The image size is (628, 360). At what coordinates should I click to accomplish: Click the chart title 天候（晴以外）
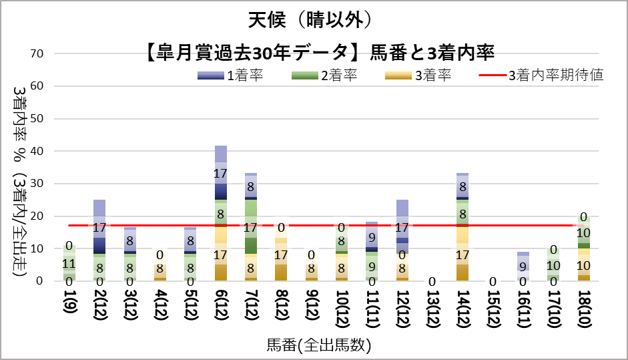click(314, 20)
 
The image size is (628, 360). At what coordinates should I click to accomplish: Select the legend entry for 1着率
click(230, 75)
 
